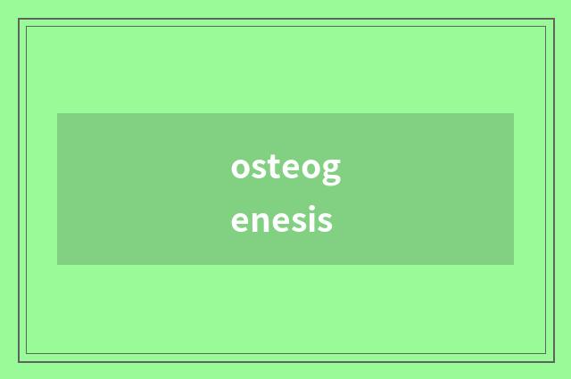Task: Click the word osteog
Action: point(285,168)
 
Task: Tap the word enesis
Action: point(281,219)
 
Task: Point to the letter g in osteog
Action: point(330,170)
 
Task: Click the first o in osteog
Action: point(241,168)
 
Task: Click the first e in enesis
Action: point(240,220)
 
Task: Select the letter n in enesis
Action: point(260,220)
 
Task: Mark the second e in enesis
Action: point(280,220)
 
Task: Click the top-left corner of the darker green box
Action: point(57,113)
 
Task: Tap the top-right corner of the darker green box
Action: point(514,113)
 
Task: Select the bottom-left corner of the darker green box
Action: point(57,265)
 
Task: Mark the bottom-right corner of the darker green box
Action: point(514,265)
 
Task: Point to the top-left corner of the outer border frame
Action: point(19,19)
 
